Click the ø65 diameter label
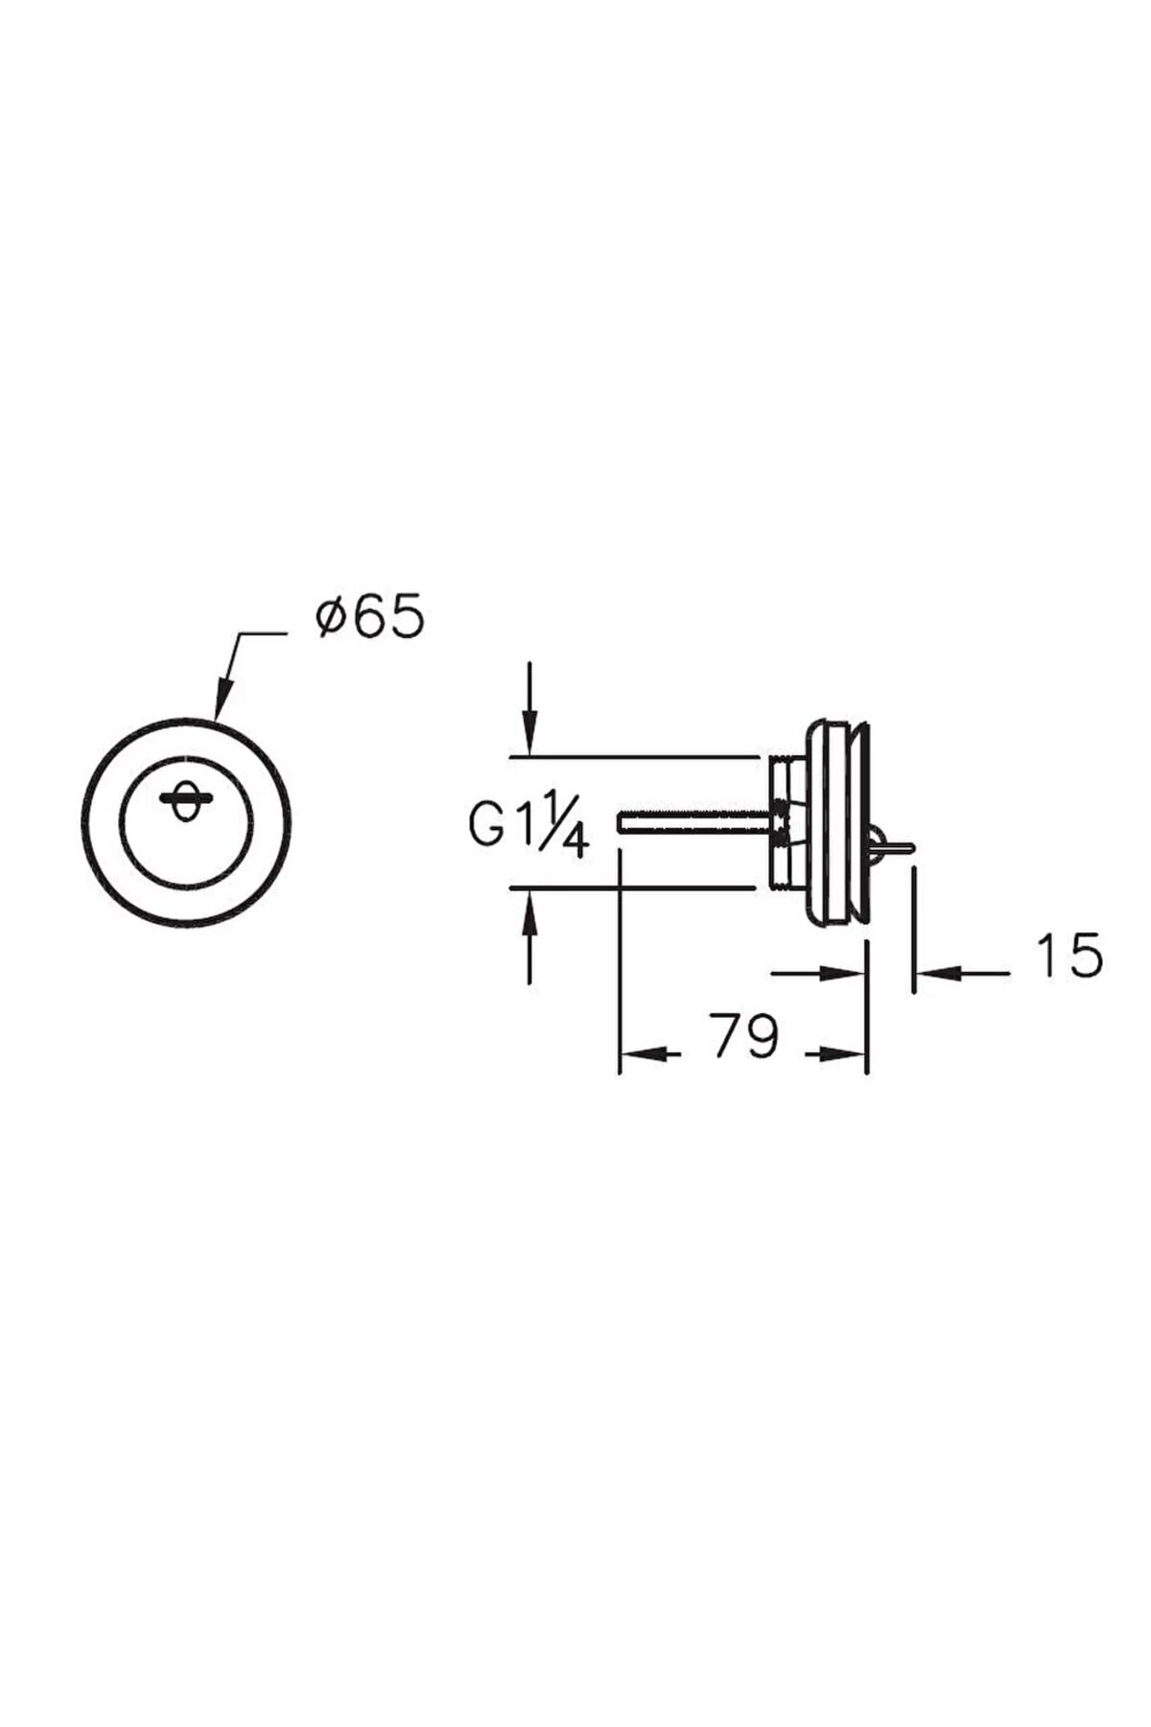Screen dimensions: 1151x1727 [x=369, y=617]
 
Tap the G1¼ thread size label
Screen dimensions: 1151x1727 [x=529, y=824]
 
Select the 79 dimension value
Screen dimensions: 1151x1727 [x=745, y=1035]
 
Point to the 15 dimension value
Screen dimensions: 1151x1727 [x=1069, y=956]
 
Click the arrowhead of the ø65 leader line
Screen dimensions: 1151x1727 [x=223, y=698]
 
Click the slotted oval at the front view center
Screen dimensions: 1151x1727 [x=183, y=798]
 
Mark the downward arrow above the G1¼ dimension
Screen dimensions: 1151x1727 [x=529, y=709]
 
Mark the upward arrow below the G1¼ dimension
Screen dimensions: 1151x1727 [x=529, y=936]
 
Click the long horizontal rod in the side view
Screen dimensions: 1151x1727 [x=696, y=823]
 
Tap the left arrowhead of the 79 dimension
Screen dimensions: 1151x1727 [x=643, y=1053]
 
